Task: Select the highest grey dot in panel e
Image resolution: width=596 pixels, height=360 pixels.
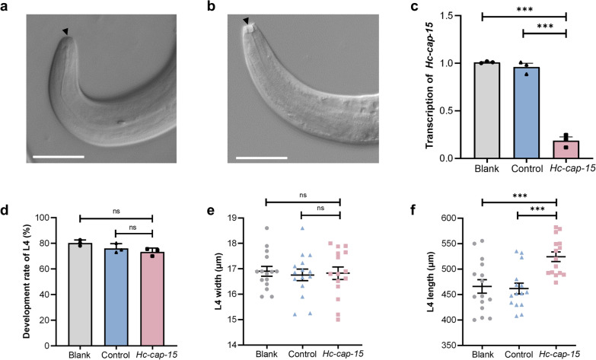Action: pos(266,228)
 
